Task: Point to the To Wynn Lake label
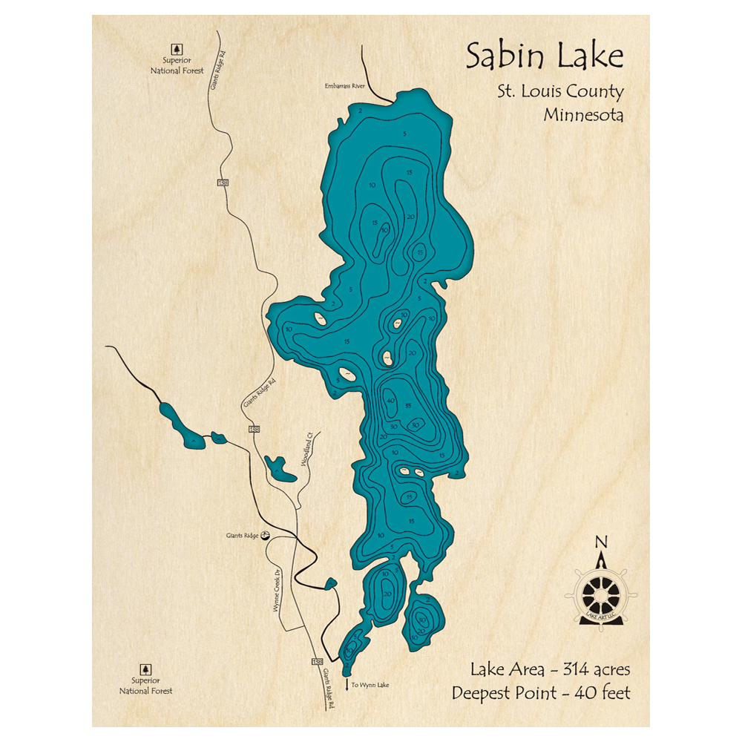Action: [x=370, y=685]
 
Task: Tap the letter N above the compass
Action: [x=602, y=541]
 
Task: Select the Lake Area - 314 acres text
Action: [x=550, y=669]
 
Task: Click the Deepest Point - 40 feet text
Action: [x=541, y=693]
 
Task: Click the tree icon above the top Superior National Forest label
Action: [x=177, y=46]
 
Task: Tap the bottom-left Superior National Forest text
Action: [x=146, y=686]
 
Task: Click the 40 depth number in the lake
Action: [x=390, y=401]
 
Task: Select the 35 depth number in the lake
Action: [x=409, y=406]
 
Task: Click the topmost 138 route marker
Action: [x=223, y=183]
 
